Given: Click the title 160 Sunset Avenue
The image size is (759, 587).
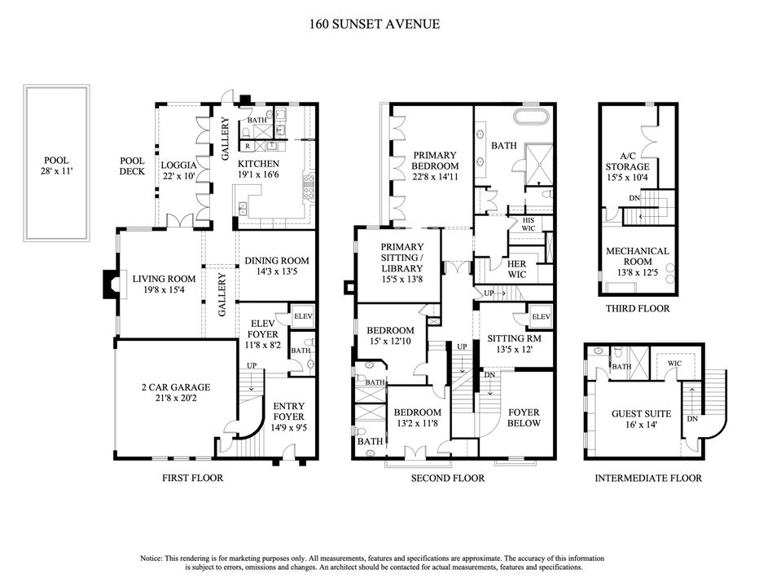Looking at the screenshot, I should point(375,24).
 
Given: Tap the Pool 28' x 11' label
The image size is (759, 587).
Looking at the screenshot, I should point(56,166).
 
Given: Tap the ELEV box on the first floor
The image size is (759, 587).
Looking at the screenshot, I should point(303,316).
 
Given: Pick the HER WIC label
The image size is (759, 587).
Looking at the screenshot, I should point(516,269).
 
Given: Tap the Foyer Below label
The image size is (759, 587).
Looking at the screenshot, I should point(523,417).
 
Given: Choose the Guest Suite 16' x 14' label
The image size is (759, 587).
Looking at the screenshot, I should point(637,419).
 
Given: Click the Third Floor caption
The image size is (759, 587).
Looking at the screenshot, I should point(637,309).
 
